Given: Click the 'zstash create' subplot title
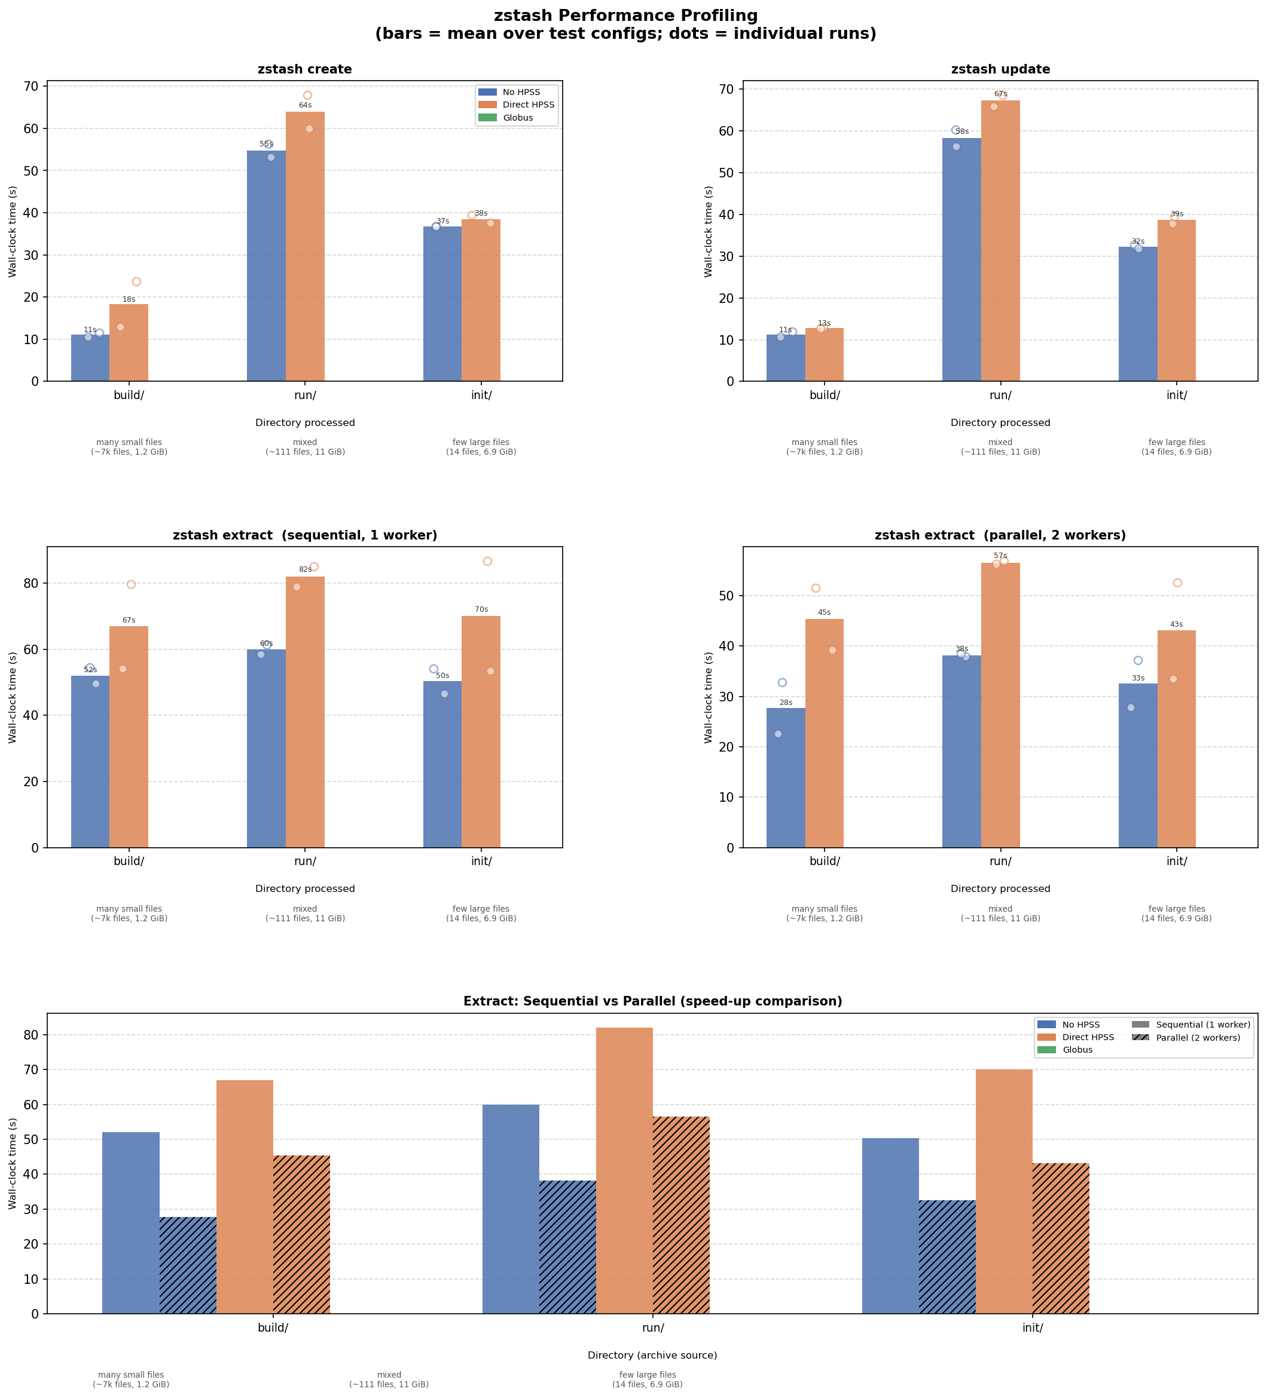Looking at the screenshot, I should pyautogui.click(x=304, y=69).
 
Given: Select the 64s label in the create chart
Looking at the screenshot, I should pyautogui.click(x=306, y=105).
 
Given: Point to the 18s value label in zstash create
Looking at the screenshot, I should pyautogui.click(x=129, y=299).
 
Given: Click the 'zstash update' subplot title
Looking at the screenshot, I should pyautogui.click(x=1000, y=69).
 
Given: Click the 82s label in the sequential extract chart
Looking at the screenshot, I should pyautogui.click(x=306, y=569).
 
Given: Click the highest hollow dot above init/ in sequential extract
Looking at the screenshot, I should pyautogui.click(x=487, y=561).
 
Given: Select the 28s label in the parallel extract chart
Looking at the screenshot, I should pyautogui.click(x=786, y=703).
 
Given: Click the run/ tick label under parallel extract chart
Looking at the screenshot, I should pyautogui.click(x=1000, y=862).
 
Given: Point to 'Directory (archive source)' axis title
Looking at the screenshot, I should pyautogui.click(x=652, y=1355).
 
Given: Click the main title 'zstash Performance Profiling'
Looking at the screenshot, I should pyautogui.click(x=625, y=16).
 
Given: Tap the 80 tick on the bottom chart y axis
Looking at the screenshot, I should pyautogui.click(x=33, y=1035).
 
